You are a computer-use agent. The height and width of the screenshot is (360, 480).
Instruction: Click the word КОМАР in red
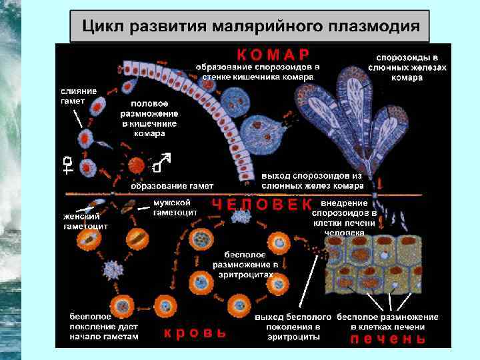click(x=273, y=53)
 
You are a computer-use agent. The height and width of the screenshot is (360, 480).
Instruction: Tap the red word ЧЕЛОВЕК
click(x=262, y=204)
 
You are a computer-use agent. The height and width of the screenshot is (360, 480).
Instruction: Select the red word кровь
click(x=195, y=333)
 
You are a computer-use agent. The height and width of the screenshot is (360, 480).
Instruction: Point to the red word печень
click(x=387, y=338)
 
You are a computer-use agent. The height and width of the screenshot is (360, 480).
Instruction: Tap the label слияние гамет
click(x=79, y=95)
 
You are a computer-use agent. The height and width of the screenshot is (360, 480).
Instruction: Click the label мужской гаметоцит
click(x=173, y=207)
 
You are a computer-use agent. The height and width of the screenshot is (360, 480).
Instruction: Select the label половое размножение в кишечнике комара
click(x=149, y=118)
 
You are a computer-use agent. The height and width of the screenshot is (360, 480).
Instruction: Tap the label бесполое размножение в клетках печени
click(x=387, y=321)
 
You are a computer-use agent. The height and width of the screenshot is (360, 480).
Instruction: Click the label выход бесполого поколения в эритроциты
click(x=293, y=327)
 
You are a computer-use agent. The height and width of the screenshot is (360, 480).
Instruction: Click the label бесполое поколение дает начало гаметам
click(x=104, y=327)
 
